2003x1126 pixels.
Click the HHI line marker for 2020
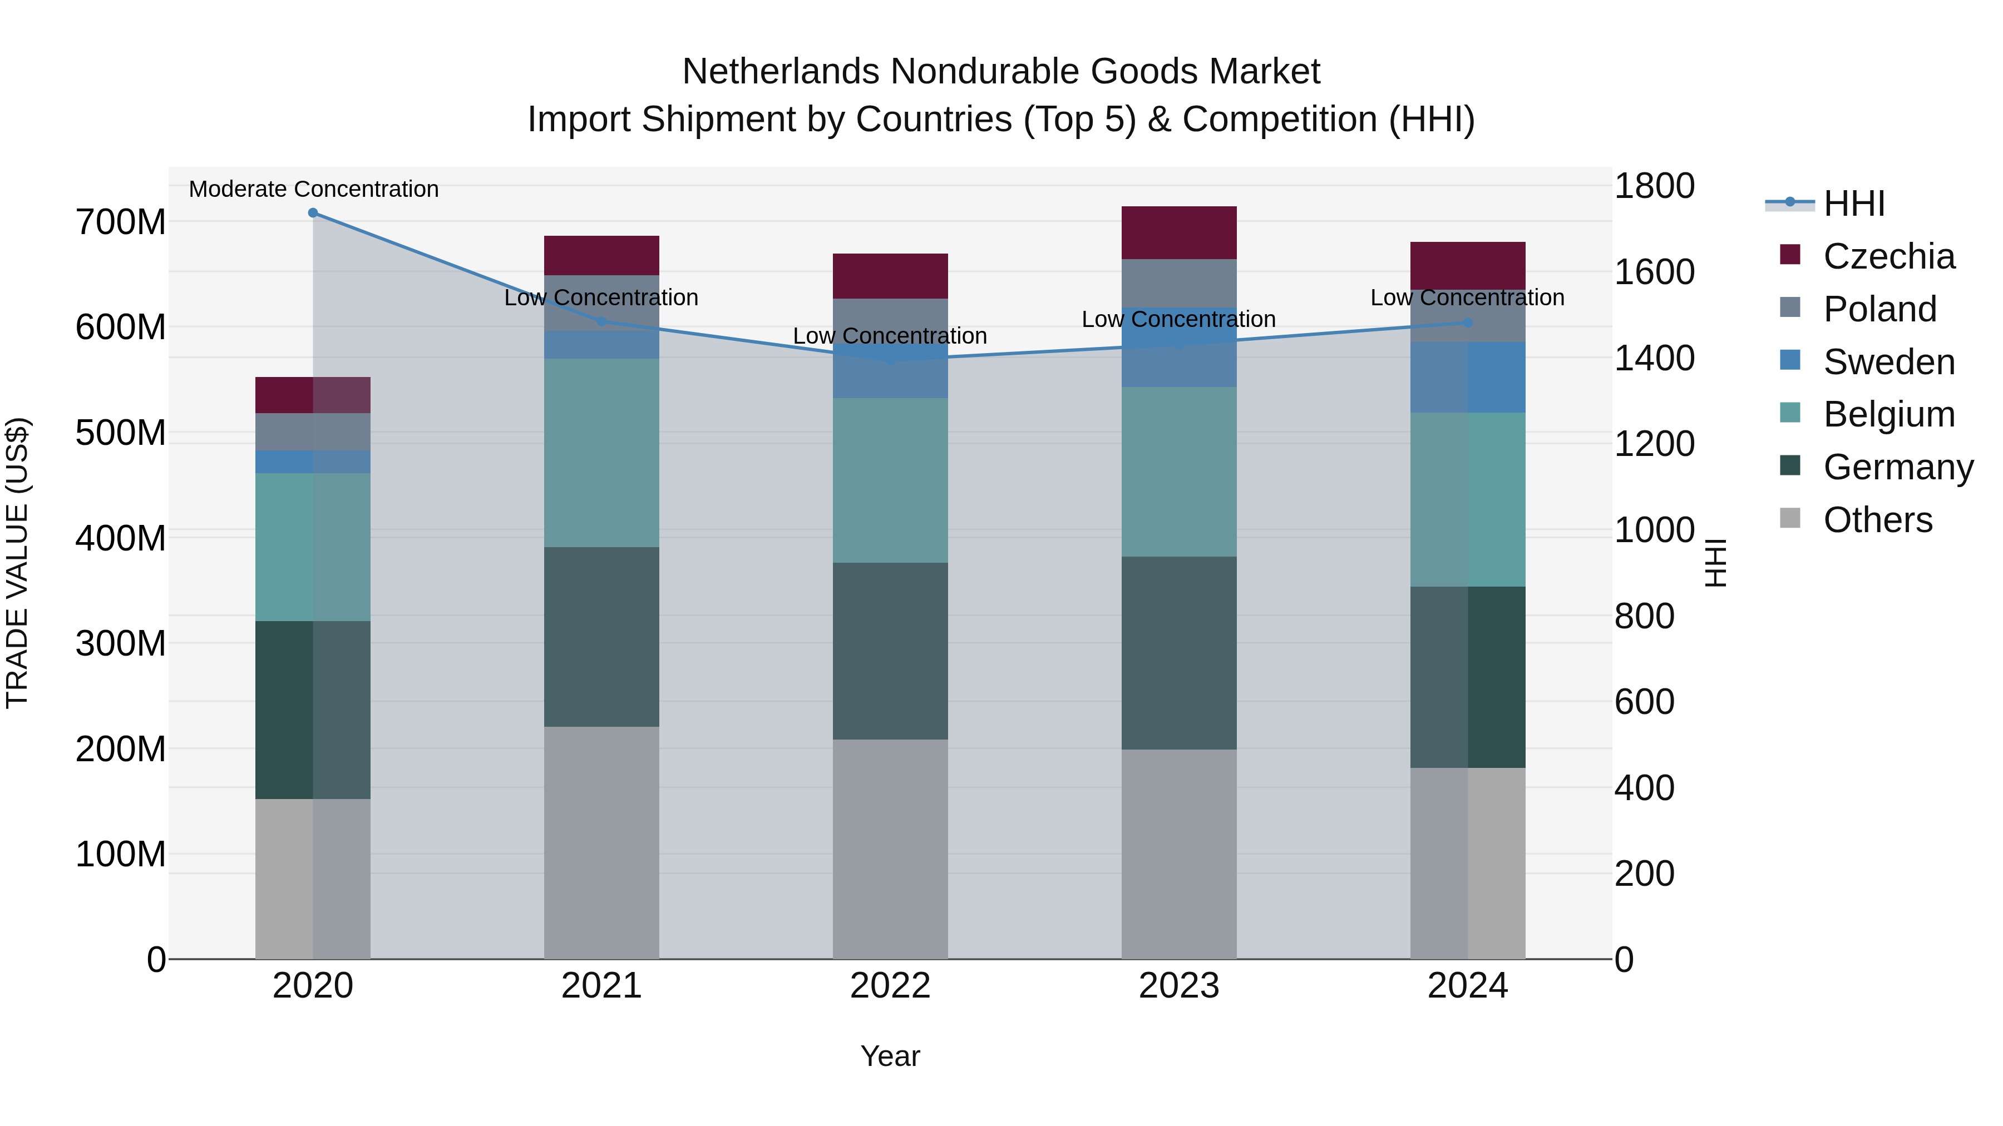coord(313,212)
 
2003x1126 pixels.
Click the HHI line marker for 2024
coord(1467,322)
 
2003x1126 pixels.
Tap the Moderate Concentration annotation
coord(313,189)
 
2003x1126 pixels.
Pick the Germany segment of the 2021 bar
coord(601,637)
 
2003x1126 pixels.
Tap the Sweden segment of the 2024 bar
coord(1467,377)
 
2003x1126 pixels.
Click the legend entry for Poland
coord(1879,309)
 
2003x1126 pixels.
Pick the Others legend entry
coord(1877,520)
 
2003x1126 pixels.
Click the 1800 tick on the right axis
coord(1654,186)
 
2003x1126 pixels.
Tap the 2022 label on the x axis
coord(890,985)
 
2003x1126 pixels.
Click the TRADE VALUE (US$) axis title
coord(17,563)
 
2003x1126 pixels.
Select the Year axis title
coord(890,1056)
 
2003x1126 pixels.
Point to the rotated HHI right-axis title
coord(1715,563)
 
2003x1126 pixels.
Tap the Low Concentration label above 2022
coord(890,336)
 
